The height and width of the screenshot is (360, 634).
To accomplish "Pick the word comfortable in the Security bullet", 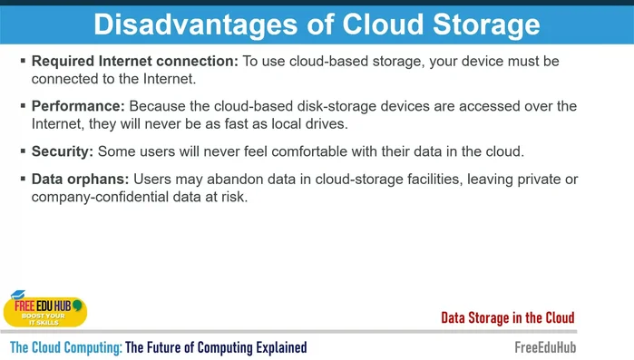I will (303, 151).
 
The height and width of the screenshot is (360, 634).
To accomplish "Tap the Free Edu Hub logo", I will (44, 309).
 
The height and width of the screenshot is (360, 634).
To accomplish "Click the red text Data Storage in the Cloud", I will (507, 317).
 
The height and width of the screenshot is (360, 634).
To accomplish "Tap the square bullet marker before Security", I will (23, 151).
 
